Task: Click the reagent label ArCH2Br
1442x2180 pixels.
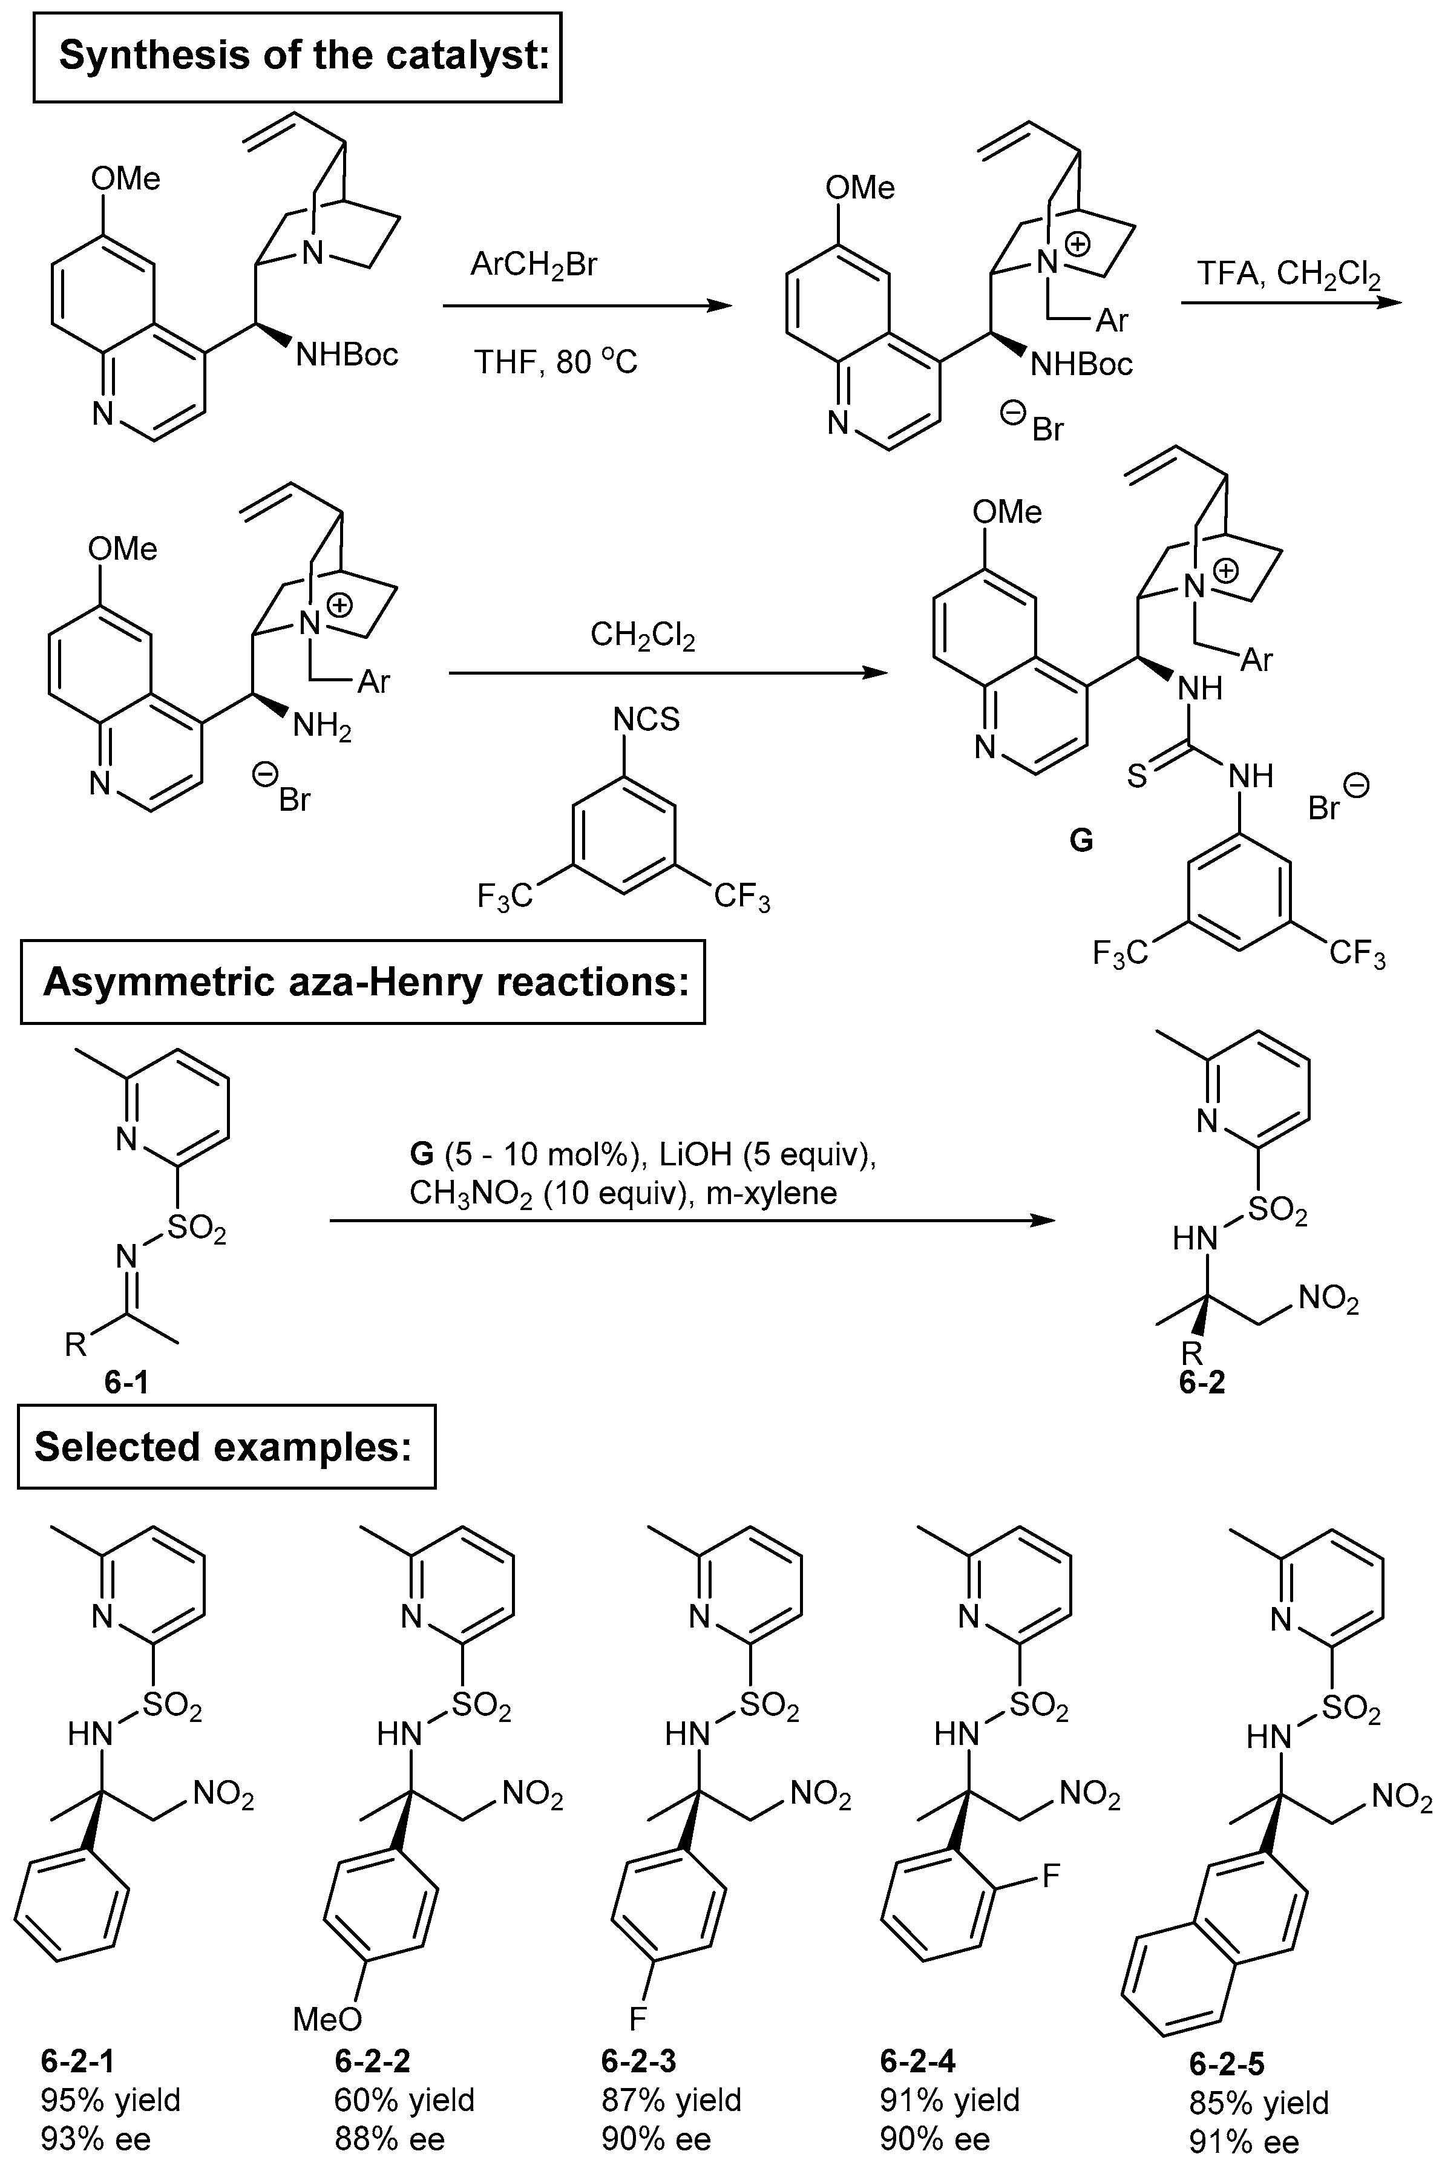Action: [533, 265]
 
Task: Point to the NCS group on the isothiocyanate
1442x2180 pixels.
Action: [646, 718]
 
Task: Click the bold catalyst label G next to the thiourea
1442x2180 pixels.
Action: [1081, 839]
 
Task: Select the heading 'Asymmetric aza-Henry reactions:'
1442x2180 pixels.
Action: [365, 982]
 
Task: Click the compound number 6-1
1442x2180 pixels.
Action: [126, 1383]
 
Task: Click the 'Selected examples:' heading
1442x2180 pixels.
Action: [223, 1446]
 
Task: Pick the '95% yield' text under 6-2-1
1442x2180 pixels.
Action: [110, 2100]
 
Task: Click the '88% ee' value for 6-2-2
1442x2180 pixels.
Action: [389, 2139]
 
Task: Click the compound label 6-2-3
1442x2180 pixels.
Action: [638, 2061]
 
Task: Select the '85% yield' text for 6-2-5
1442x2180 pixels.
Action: [1259, 2103]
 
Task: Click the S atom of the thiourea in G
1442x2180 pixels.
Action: [1138, 777]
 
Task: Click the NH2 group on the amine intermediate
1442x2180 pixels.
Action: [322, 729]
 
